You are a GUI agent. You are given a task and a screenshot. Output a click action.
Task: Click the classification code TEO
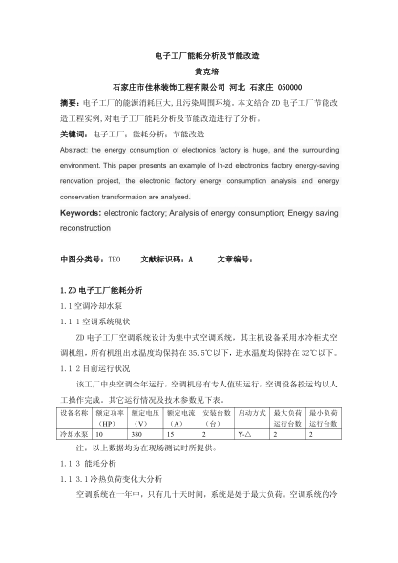(113, 259)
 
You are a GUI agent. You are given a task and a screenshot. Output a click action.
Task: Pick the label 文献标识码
(162, 259)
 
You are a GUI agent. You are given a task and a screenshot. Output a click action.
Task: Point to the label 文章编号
(235, 259)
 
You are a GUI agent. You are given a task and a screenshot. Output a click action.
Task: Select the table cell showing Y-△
(244, 432)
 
